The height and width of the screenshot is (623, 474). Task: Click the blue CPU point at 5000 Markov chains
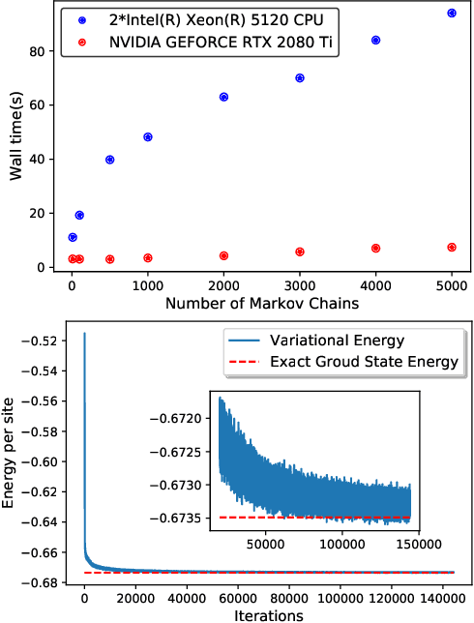coord(452,14)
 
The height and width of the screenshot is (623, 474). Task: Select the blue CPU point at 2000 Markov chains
coord(223,97)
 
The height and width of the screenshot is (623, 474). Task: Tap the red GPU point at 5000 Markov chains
coord(452,248)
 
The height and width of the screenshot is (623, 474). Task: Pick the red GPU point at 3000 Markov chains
coord(300,252)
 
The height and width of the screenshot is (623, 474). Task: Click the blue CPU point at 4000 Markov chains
coord(375,41)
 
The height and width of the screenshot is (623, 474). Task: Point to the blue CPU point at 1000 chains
coord(148,137)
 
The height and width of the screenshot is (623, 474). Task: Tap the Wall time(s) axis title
coord(16,134)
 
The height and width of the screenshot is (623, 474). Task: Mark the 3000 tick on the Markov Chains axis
coord(300,285)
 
